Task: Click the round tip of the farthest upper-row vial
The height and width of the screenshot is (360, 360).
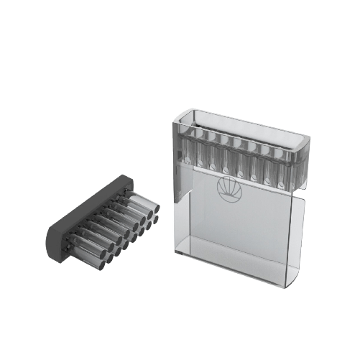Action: (x=154, y=206)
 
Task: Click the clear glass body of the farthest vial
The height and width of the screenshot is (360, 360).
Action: (x=141, y=200)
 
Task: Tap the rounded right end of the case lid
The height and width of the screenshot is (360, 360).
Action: (x=305, y=147)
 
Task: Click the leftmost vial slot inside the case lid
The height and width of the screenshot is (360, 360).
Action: (x=190, y=147)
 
